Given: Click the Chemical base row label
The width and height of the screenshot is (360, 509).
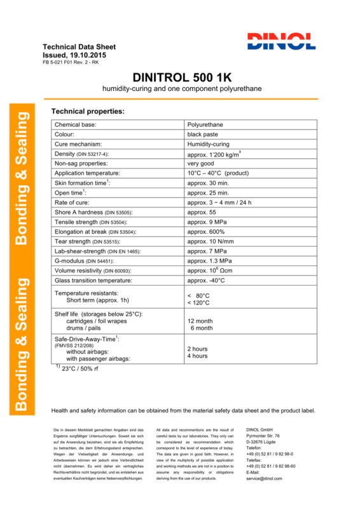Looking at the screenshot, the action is click(79, 125).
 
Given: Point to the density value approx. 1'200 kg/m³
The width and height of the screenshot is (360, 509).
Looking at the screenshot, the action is click(216, 154).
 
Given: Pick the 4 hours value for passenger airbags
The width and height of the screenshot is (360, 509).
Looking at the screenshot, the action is click(197, 356).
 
